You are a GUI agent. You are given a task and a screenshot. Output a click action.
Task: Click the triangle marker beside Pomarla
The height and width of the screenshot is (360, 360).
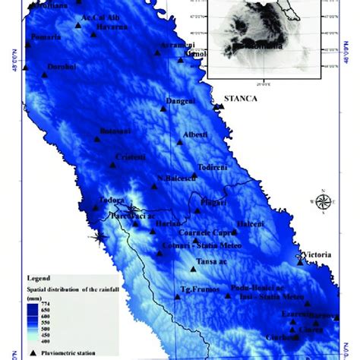(x=28, y=44)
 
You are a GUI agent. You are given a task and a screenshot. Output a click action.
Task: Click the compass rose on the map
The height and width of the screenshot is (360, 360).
(x=322, y=201)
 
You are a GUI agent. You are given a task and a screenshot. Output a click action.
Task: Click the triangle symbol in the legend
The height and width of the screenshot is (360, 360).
(x=33, y=353)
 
